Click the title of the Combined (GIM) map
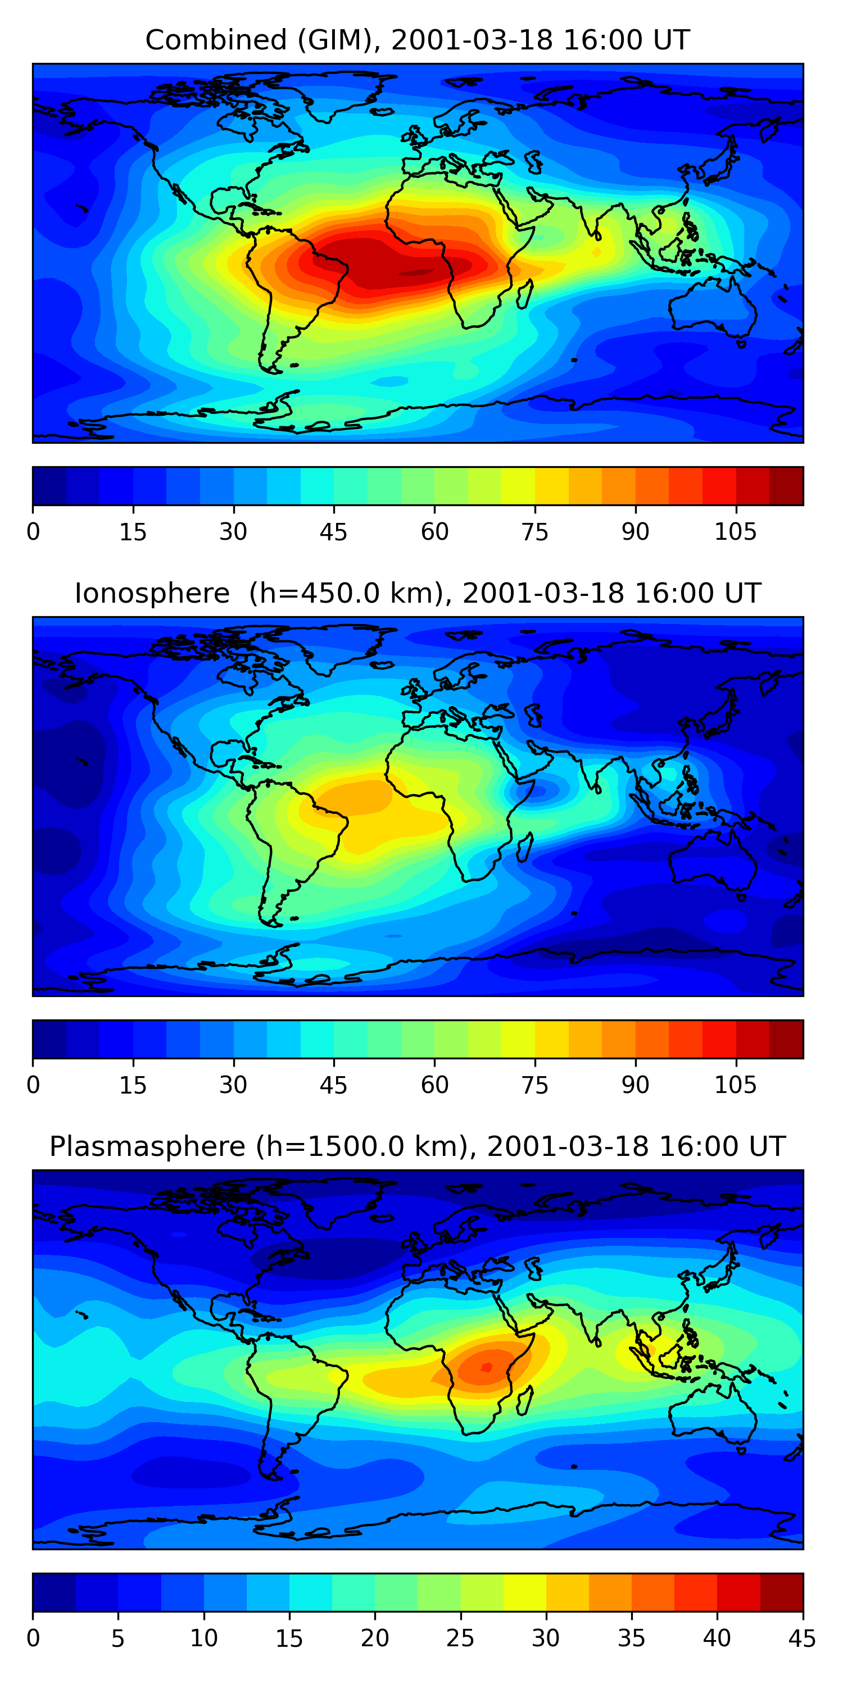pyautogui.click(x=418, y=40)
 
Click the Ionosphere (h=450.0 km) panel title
pyautogui.click(x=418, y=593)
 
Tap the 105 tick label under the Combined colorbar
pyautogui.click(x=735, y=532)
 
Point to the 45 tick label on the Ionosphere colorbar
pyautogui.click(x=333, y=1085)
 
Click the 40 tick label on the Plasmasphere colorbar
pyautogui.click(x=717, y=1638)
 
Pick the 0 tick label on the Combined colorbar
pyautogui.click(x=33, y=532)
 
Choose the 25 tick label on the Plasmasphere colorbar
pyautogui.click(x=460, y=1638)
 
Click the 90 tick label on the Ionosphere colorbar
pyautogui.click(x=635, y=1085)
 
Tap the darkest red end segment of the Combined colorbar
pyautogui.click(x=786, y=486)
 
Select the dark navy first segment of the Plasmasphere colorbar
pyautogui.click(x=53, y=1592)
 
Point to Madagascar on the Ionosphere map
pyautogui.click(x=525, y=847)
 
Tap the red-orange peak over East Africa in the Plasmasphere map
pyautogui.click(x=486, y=1367)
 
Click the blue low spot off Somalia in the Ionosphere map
pyautogui.click(x=537, y=790)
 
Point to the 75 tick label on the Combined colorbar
pyautogui.click(x=534, y=532)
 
